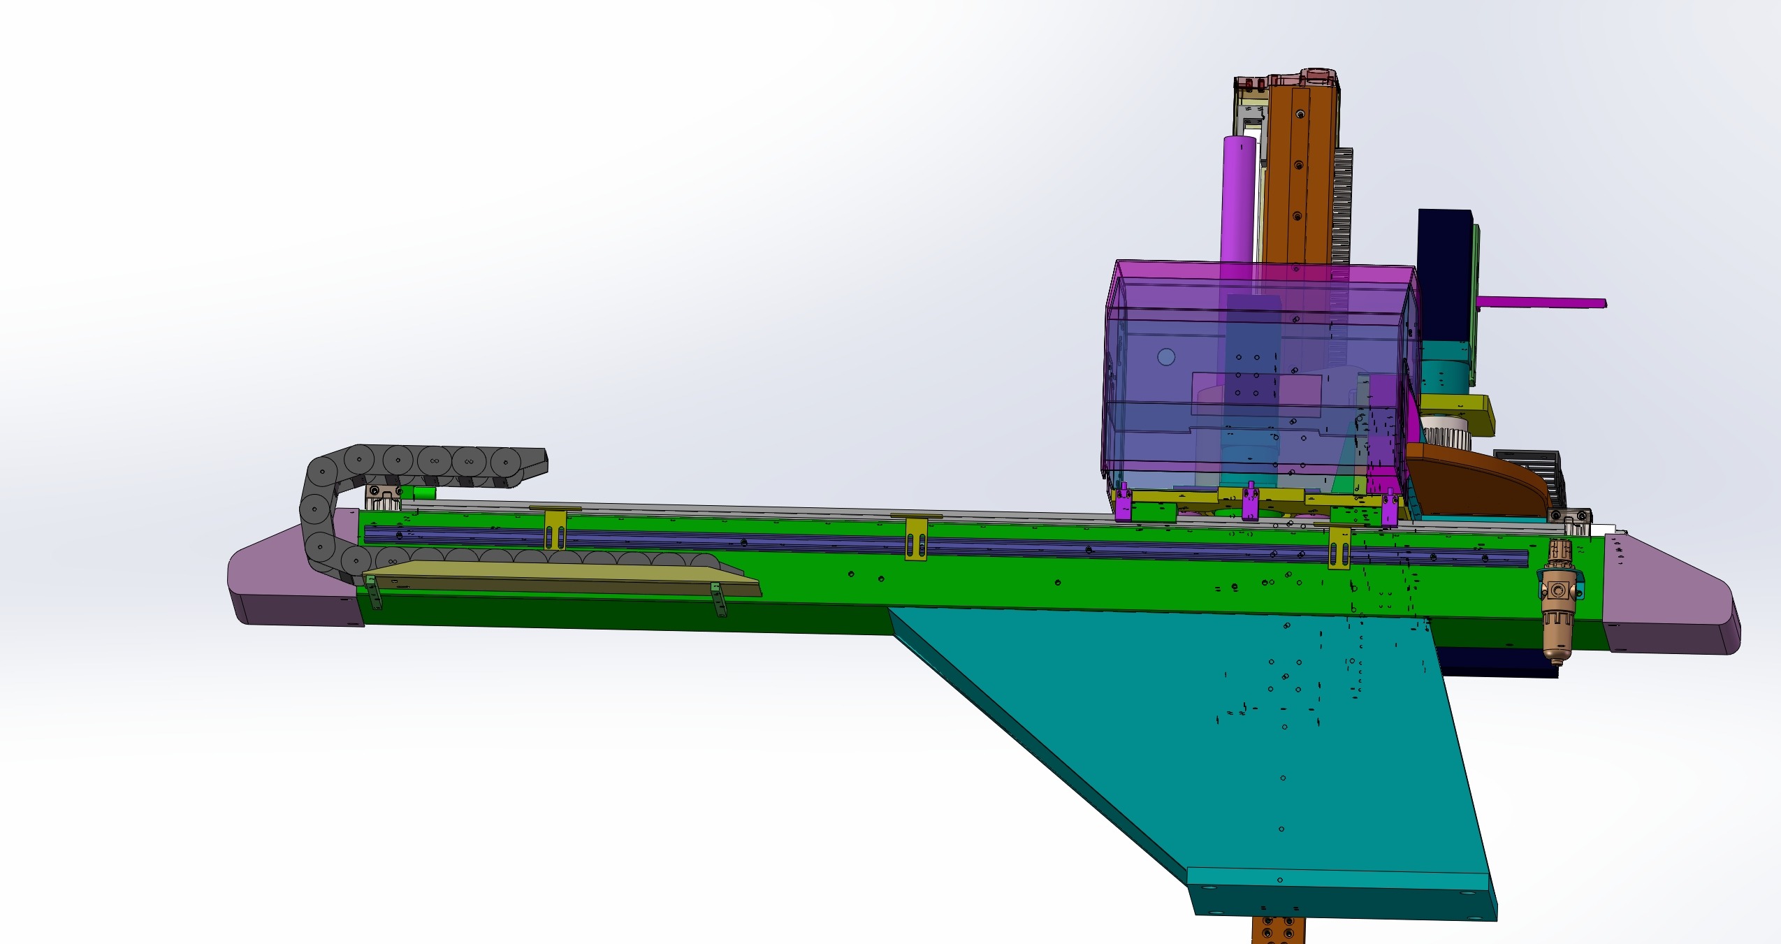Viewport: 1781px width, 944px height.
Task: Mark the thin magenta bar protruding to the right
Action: pyautogui.click(x=1544, y=303)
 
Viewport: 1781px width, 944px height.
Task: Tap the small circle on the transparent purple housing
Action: pyautogui.click(x=1166, y=357)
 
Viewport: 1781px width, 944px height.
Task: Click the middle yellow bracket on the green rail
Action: pyautogui.click(x=916, y=539)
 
